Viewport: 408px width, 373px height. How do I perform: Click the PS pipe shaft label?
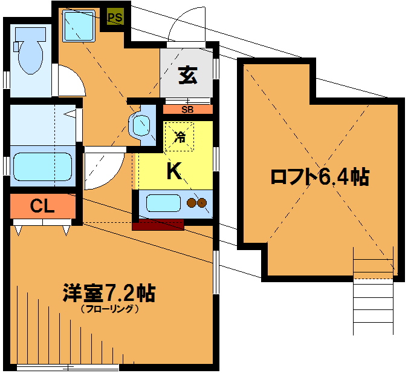[115, 18]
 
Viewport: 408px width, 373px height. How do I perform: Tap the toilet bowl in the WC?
[30, 50]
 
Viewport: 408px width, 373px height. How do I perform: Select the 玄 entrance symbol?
[188, 75]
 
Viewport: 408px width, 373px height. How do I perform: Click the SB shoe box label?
[187, 110]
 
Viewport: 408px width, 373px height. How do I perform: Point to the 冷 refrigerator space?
[180, 136]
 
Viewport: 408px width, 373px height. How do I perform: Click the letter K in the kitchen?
[174, 171]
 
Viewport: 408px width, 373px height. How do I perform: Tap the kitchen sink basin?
[163, 203]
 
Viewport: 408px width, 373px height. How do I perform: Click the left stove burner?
[192, 202]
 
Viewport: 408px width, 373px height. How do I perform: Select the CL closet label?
[42, 206]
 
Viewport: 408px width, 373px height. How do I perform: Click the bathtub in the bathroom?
[43, 167]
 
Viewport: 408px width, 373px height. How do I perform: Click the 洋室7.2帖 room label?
[109, 292]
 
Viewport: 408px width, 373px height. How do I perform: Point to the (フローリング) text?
[109, 309]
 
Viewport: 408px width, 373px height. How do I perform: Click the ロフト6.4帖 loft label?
[320, 177]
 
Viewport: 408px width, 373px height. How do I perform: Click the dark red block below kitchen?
[158, 225]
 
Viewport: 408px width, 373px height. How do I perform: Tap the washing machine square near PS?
[79, 27]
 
